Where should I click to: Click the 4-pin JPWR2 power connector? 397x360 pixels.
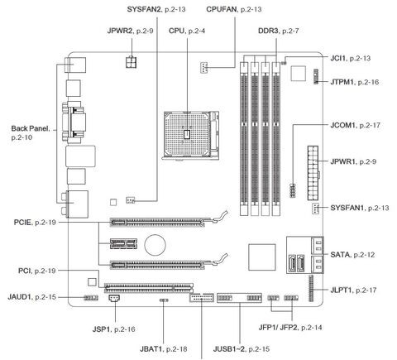[132, 62]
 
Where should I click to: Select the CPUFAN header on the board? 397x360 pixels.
[203, 67]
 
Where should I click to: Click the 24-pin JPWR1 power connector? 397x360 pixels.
[313, 173]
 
